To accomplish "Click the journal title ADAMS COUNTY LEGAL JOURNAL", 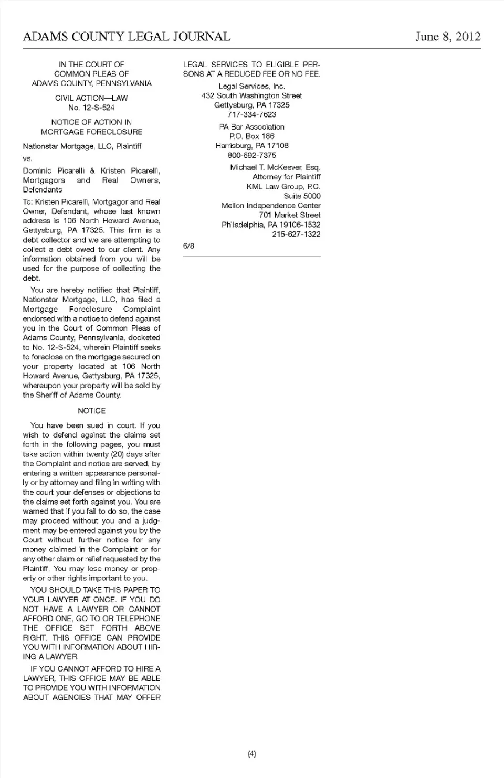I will (x=127, y=37).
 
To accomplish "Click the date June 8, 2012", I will (x=447, y=37).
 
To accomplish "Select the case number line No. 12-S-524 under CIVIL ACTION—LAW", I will (x=91, y=108).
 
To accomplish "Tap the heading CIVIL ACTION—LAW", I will (x=91, y=98).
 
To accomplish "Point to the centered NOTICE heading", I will (x=91, y=411).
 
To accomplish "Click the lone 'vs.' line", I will (x=27, y=158).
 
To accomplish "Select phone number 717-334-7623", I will (x=251, y=114).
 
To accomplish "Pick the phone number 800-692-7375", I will (x=251, y=155).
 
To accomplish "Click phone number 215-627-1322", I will (x=296, y=234).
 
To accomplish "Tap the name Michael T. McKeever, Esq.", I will (x=275, y=167).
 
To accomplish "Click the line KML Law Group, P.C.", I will (x=283, y=186).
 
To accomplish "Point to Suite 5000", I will (x=302, y=196).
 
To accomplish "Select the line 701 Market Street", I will (x=289, y=215).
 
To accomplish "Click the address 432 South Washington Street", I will (x=251, y=95).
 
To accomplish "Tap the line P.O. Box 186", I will (x=251, y=136).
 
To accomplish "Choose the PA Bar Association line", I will (x=251, y=127).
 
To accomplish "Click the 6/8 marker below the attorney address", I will (x=188, y=246).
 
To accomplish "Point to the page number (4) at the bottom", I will (x=251, y=754).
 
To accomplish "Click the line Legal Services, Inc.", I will (x=251, y=86).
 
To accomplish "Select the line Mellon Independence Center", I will (x=271, y=206).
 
